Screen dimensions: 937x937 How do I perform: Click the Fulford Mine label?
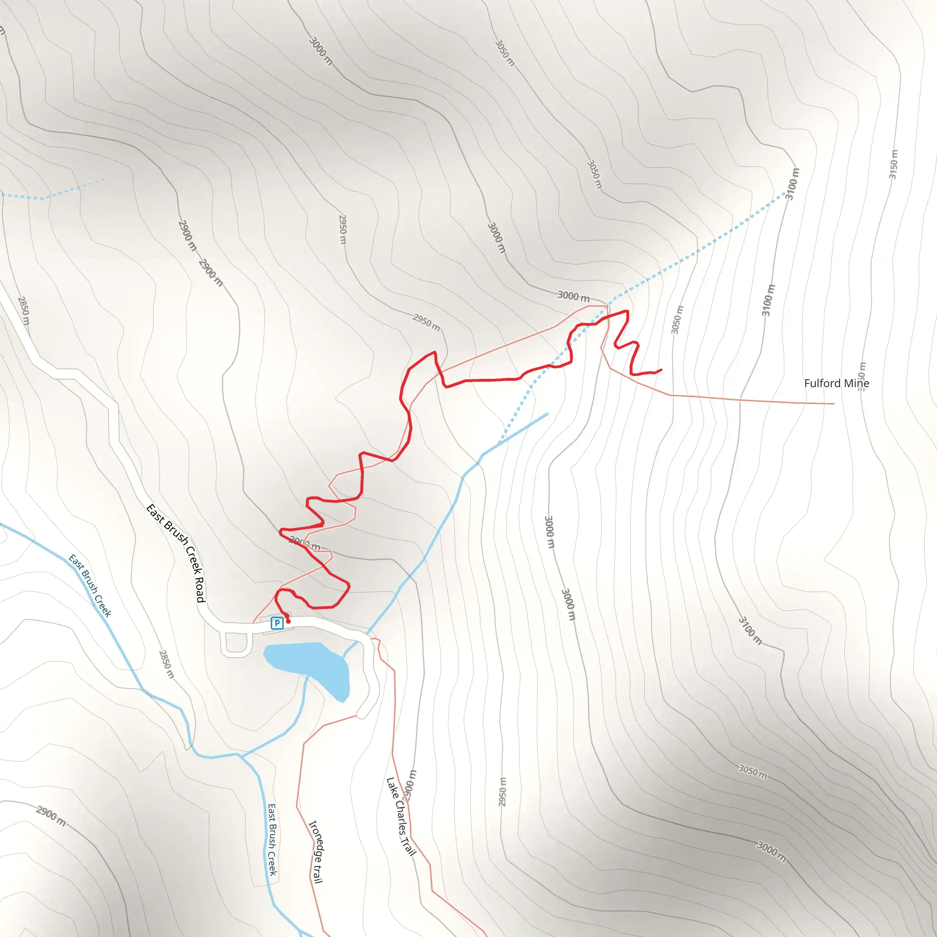point(836,383)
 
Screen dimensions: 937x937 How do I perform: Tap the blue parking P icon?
point(277,623)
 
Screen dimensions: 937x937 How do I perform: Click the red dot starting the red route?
point(288,621)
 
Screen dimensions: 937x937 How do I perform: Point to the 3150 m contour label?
point(894,164)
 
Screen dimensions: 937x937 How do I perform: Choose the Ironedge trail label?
point(316,851)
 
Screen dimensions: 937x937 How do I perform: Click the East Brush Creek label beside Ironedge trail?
point(273,840)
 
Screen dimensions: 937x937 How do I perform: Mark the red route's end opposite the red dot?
point(661,370)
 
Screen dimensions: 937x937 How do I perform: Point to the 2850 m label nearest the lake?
point(167,664)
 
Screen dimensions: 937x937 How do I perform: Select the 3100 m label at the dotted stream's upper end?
point(792,184)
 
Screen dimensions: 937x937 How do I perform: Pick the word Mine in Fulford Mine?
point(856,383)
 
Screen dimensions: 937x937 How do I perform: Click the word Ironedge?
point(315,840)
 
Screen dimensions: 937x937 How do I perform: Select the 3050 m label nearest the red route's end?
point(677,319)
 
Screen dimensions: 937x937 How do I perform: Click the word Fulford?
point(823,383)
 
